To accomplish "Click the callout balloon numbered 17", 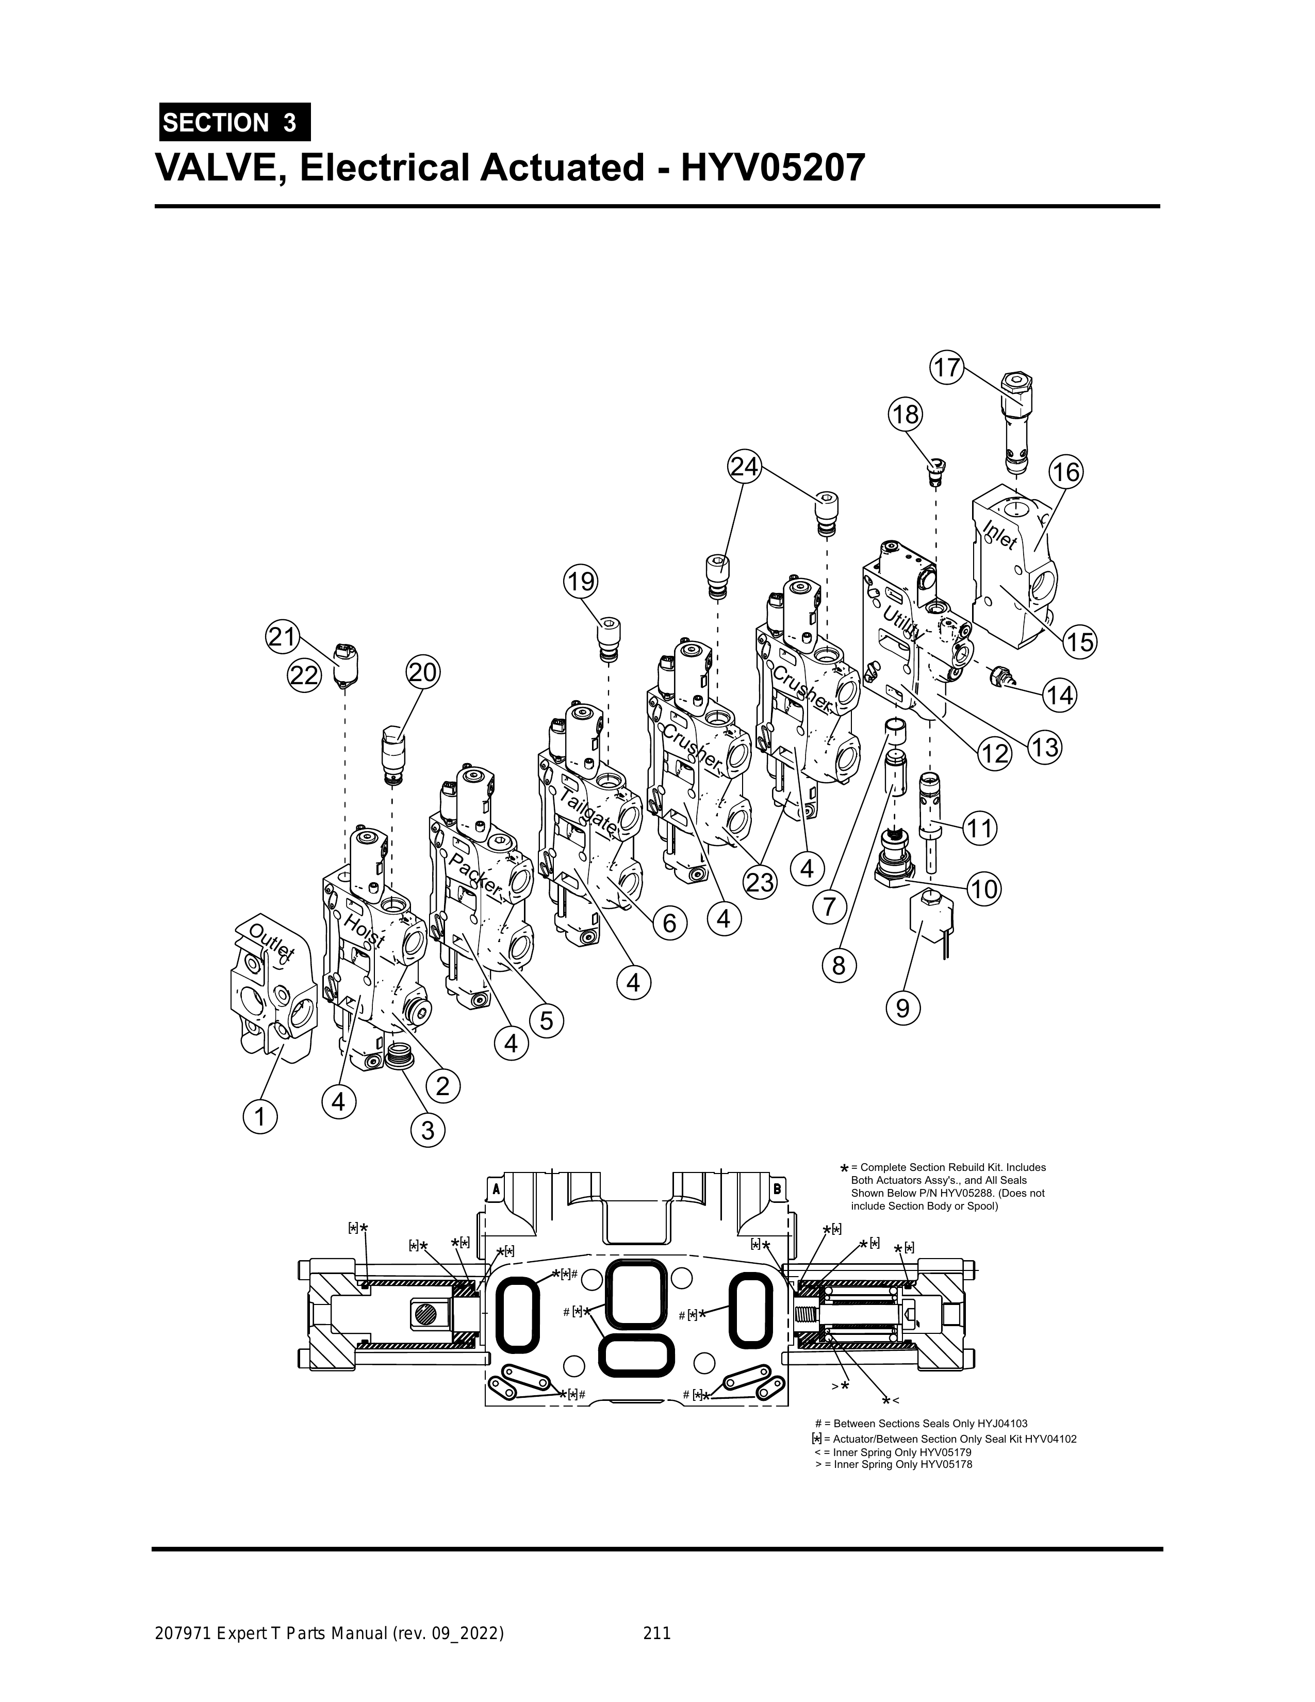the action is point(947,368).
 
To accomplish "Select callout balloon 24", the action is point(745,467).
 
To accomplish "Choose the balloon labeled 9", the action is point(902,1009).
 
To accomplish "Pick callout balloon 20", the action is point(422,672).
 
